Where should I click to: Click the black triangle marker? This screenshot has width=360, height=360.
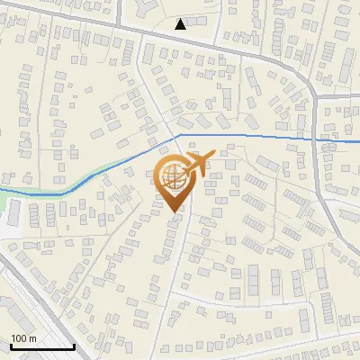point(181,24)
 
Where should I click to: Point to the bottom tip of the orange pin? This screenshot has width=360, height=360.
point(174,211)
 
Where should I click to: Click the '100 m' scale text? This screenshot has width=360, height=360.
point(22,338)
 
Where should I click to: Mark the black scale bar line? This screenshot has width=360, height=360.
point(41,346)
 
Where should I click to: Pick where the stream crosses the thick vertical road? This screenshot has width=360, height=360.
point(316,139)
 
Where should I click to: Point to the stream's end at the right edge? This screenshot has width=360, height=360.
point(357,141)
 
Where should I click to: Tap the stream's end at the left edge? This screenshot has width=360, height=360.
point(3,192)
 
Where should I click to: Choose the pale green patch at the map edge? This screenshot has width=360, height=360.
point(12,212)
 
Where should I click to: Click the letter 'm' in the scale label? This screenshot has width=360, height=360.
point(32,338)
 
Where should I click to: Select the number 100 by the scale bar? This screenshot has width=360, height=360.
point(18,338)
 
